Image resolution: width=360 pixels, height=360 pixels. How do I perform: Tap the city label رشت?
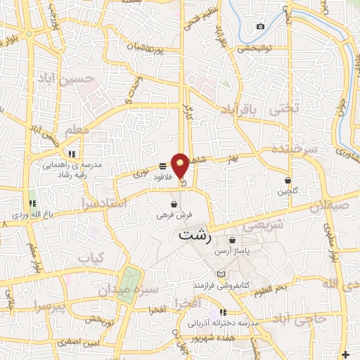[194, 236]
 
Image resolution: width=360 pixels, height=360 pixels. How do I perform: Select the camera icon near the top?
[261, 27]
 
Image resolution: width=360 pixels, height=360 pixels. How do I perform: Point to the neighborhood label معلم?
[76, 130]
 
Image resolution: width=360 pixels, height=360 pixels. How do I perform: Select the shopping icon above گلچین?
[288, 181]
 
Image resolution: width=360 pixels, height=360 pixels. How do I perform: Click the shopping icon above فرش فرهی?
[173, 205]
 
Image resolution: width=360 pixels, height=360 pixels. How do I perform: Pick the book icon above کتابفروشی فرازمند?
[222, 274]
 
